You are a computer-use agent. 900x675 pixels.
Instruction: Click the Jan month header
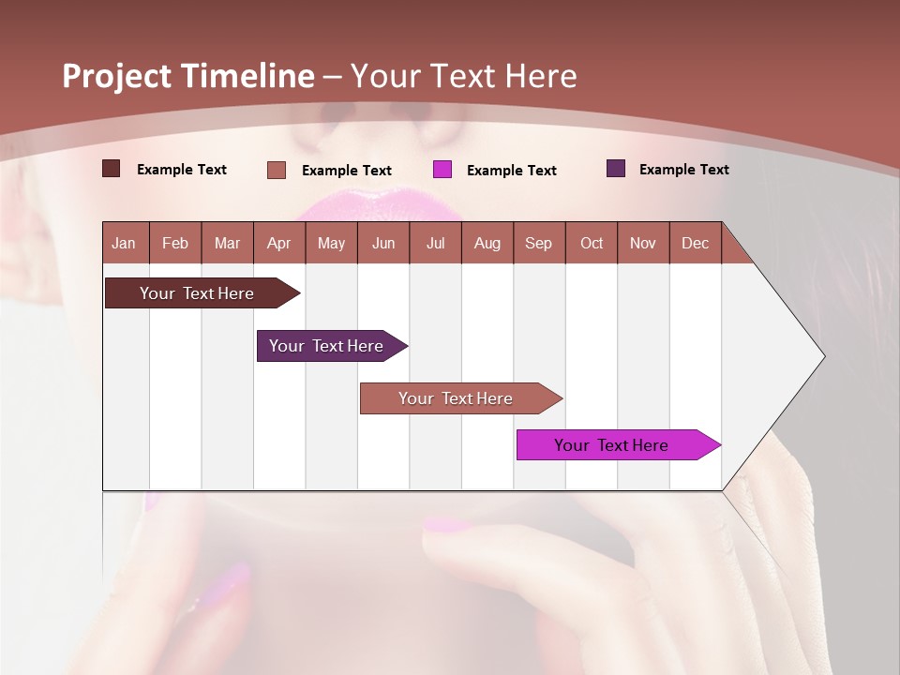point(124,243)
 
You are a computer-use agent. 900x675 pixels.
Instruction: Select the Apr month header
point(278,243)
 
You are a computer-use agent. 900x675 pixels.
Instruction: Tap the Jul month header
point(435,243)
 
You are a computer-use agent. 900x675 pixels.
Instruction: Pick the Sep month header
point(538,243)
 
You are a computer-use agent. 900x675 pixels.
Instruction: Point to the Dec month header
point(695,243)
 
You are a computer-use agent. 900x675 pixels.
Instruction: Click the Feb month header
point(175,243)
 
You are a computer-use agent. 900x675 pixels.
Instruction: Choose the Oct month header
point(592,243)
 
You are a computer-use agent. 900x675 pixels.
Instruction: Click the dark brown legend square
point(111,169)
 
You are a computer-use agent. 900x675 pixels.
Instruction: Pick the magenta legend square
point(442,170)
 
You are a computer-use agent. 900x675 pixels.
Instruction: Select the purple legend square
point(616,169)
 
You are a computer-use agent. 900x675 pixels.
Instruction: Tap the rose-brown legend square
point(277,170)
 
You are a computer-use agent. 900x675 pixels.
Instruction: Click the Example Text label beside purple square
point(683,170)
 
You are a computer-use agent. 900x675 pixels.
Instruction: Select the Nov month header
point(643,243)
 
